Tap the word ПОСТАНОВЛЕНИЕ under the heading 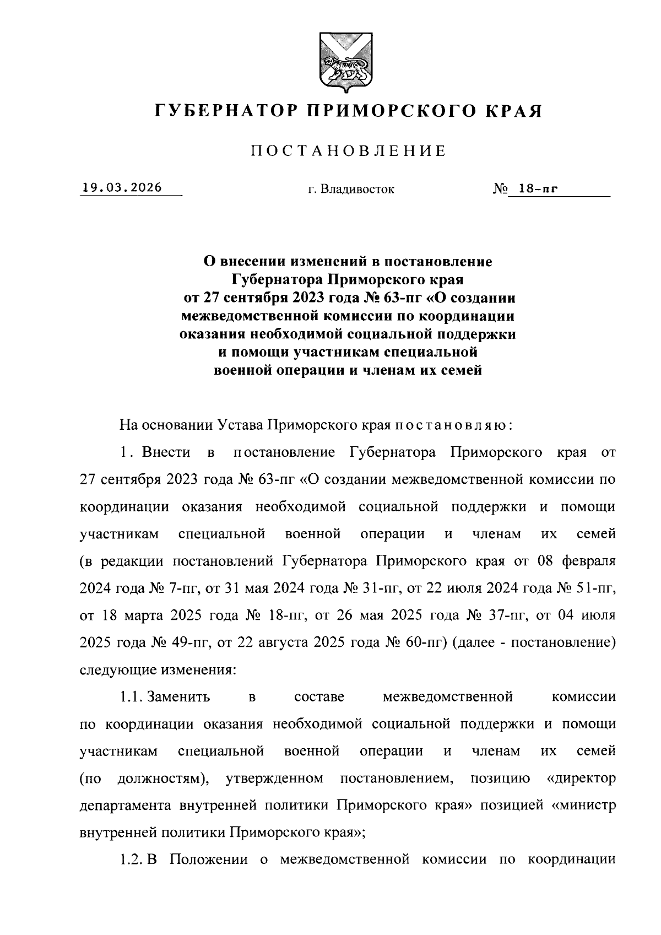coord(348,151)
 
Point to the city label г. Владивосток coord(351,190)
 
